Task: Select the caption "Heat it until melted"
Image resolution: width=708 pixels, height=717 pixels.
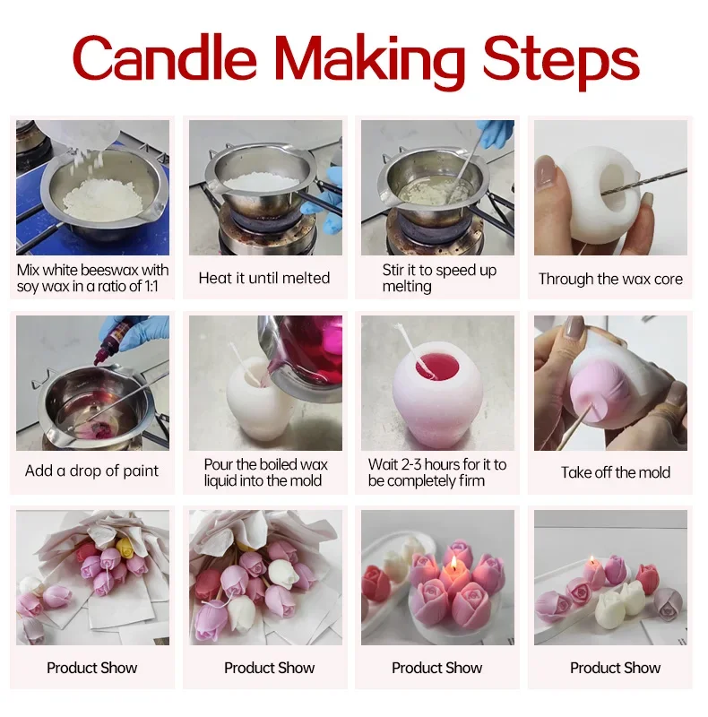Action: pos(264,278)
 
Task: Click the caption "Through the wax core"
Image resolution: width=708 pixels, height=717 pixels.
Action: pos(610,279)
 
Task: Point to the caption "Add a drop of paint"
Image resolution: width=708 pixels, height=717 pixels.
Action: pos(92,471)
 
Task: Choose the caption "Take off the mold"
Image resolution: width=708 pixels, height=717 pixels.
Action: pos(616,472)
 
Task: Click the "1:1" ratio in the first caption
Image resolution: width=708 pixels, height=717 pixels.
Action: pos(153,287)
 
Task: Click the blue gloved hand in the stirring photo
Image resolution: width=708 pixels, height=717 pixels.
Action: pos(495,134)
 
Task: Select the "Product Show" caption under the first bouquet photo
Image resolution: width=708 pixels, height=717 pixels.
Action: pos(91,668)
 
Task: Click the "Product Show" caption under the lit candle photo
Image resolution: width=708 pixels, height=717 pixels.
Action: pos(437,668)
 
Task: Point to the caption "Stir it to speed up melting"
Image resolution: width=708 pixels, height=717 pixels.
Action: pos(437,278)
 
